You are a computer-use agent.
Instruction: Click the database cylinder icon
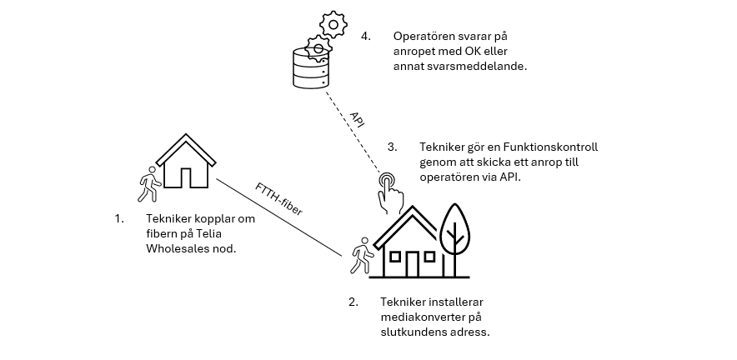[x=310, y=68]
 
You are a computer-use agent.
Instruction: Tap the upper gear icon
[x=333, y=24]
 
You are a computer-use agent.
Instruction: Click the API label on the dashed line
[x=357, y=119]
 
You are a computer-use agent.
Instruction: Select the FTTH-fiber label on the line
[x=278, y=199]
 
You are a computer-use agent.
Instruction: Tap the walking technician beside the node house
[x=149, y=184]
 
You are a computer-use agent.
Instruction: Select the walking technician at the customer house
[x=362, y=256]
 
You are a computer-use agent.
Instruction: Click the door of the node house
[x=186, y=177]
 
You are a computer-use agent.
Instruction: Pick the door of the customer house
[x=412, y=264]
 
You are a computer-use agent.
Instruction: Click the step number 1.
[x=119, y=218]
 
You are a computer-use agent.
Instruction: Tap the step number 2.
[x=353, y=302]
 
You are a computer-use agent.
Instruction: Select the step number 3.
[x=392, y=147]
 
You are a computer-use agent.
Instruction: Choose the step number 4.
[x=366, y=36]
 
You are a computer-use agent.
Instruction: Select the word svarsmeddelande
[x=477, y=67]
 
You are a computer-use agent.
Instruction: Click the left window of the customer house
[x=395, y=257]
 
